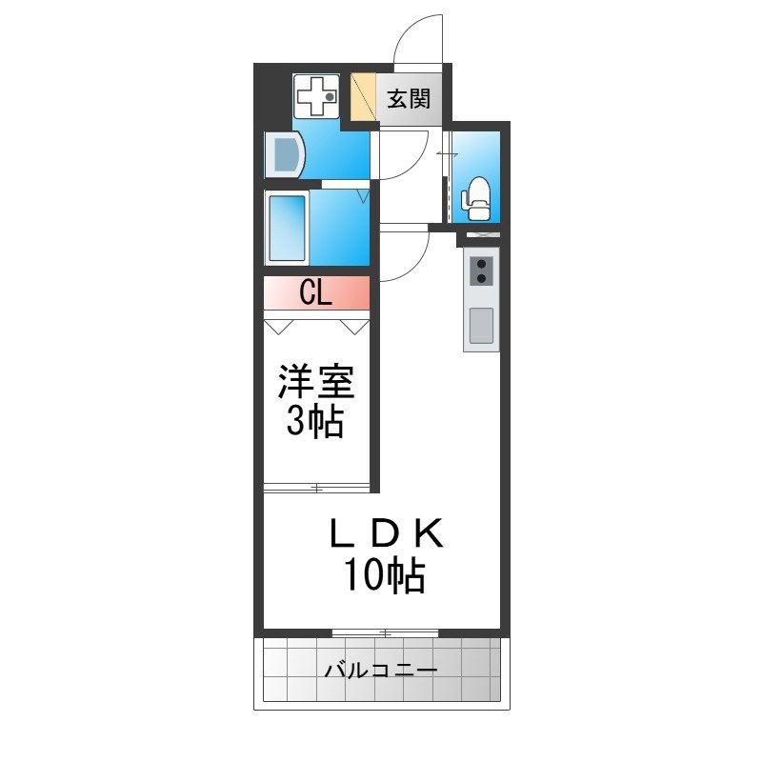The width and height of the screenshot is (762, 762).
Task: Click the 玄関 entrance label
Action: coord(409,100)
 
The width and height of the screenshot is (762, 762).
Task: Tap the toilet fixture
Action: coord(475,199)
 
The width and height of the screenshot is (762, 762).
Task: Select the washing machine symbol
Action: coord(317,96)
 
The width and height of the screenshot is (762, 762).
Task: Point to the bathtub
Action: coord(288,229)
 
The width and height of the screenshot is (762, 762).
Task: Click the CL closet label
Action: coord(315,293)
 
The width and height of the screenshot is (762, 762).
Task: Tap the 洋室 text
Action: coord(316,382)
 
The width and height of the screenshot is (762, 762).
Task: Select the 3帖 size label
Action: coord(315,421)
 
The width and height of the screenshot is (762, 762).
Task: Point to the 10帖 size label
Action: coord(385,574)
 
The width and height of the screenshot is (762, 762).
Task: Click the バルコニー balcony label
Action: coord(381,672)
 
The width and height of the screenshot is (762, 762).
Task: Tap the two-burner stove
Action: coord(482,271)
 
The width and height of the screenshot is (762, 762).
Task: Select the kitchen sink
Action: coord(481,325)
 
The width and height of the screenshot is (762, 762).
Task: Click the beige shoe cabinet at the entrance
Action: coord(364,96)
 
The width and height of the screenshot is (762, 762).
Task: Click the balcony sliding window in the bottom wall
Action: coord(386,632)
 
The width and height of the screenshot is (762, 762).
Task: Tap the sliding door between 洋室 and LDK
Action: coord(316,488)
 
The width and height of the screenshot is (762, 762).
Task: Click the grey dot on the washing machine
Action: coord(330,97)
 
